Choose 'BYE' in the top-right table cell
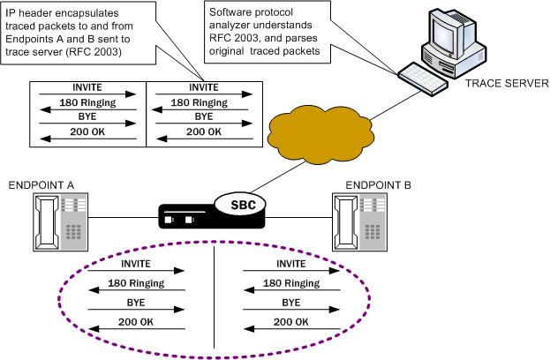(x=203, y=116)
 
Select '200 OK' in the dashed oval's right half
(x=291, y=322)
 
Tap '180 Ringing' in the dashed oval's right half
(x=291, y=282)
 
